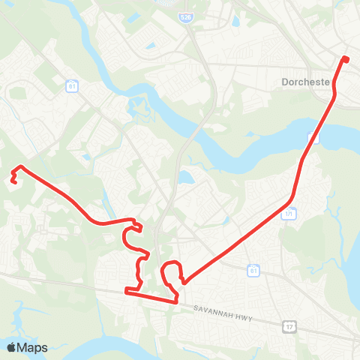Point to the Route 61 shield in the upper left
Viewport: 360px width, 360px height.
coord(72,86)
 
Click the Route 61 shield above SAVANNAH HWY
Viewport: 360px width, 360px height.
coord(254,270)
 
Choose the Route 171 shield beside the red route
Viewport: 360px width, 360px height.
coord(288,214)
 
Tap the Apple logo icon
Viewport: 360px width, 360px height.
coord(12,347)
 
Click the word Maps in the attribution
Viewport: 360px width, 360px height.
coord(33,347)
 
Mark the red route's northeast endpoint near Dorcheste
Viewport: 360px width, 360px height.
coord(345,58)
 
